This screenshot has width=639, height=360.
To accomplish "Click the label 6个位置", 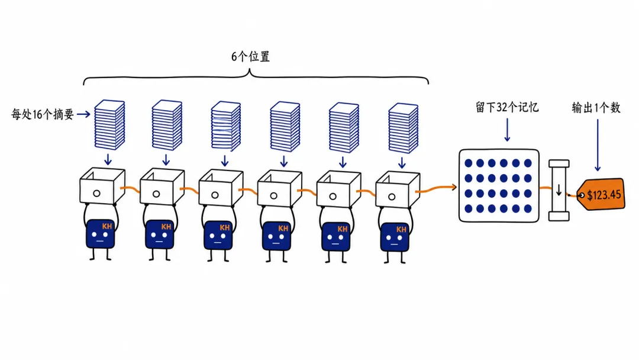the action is pyautogui.click(x=250, y=56).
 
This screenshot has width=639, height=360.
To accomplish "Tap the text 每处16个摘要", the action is pyautogui.click(x=43, y=114).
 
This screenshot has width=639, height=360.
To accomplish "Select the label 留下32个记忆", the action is pyautogui.click(x=507, y=107).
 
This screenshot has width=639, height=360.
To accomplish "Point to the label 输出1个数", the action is pyautogui.click(x=596, y=108).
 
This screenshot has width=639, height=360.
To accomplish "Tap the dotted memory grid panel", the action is pyautogui.click(x=499, y=185).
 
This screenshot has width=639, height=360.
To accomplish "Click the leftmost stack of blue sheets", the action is pyautogui.click(x=109, y=125).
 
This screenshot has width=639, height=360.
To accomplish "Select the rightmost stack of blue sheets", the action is pyautogui.click(x=403, y=128).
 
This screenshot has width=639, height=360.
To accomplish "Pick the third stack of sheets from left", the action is pyautogui.click(x=226, y=126).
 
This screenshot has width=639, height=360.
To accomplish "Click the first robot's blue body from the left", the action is pyautogui.click(x=100, y=234).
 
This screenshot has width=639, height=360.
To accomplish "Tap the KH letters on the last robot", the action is pyautogui.click(x=401, y=230).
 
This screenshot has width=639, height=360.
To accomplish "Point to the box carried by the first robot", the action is pyautogui.click(x=102, y=185).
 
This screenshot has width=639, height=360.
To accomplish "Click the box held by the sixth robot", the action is pyautogui.click(x=398, y=189).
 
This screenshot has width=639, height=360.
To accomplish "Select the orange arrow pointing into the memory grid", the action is pyautogui.click(x=436, y=189).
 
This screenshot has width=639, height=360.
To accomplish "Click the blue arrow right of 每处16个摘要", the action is pyautogui.click(x=83, y=114).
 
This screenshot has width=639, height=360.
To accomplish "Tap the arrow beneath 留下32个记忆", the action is pyautogui.click(x=507, y=130).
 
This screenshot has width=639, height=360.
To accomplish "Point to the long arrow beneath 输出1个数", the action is pyautogui.click(x=598, y=144).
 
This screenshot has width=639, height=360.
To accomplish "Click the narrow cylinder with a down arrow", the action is pyautogui.click(x=559, y=190).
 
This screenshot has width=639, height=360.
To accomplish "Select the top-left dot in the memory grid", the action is pyautogui.click(x=468, y=163).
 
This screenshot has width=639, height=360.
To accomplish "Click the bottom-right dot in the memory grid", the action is pyautogui.click(x=528, y=209).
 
